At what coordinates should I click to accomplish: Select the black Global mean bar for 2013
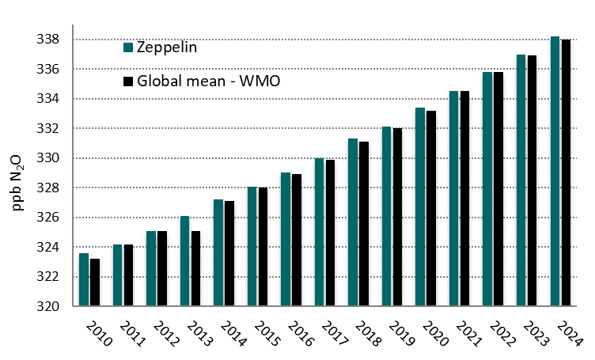[x=195, y=268]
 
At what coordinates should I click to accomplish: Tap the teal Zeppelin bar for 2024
[x=555, y=171]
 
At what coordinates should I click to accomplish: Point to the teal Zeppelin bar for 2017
[x=319, y=232]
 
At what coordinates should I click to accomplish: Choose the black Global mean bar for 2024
[x=566, y=172]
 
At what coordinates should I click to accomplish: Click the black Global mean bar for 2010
[x=94, y=282]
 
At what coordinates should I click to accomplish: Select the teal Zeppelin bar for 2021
[x=454, y=199]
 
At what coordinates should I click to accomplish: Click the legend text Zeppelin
[x=166, y=47]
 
